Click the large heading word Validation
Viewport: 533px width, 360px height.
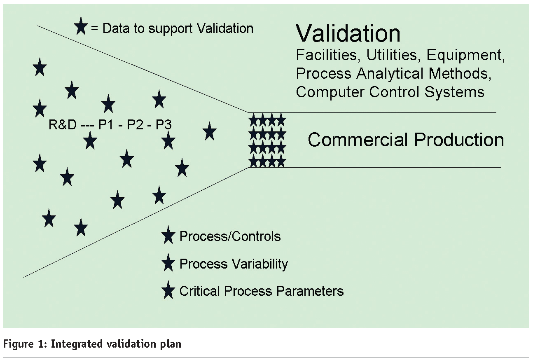[348, 34]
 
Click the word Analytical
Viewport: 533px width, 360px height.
[390, 73]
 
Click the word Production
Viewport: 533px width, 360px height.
[459, 140]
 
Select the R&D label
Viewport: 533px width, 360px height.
[63, 125]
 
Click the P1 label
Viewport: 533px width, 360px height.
[105, 125]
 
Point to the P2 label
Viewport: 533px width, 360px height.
[134, 125]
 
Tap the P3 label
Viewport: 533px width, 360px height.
[164, 125]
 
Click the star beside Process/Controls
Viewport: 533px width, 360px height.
[168, 236]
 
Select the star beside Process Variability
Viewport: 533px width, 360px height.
[168, 263]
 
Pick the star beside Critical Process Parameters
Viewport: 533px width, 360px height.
[168, 291]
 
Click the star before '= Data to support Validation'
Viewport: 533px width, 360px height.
[81, 28]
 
